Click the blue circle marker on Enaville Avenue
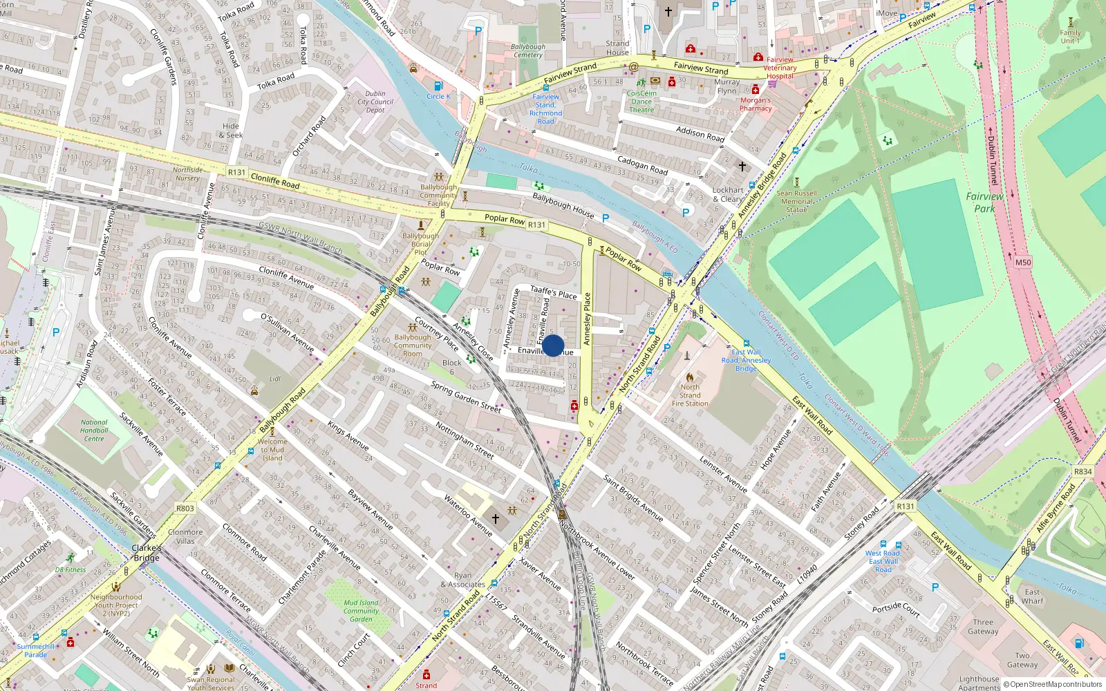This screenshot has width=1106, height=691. point(553,345)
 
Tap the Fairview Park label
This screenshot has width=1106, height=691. point(984,202)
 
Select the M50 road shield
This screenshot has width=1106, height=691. point(1023,263)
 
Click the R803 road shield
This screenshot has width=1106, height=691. point(185,509)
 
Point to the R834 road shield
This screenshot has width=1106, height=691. point(1082,472)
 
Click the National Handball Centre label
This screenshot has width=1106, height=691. point(94,430)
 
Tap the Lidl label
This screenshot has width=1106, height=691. point(275,379)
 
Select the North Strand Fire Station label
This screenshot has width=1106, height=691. point(689,395)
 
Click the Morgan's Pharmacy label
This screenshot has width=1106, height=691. point(756,104)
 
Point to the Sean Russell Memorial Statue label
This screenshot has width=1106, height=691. point(796,202)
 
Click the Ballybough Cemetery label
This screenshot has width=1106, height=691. point(528,51)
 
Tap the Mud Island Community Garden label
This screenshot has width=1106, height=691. point(361,611)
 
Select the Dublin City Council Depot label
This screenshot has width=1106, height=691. point(375,102)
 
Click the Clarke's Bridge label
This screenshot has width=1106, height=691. point(147,553)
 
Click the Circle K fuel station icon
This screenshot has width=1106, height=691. point(438,86)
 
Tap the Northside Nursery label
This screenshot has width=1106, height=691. point(187,173)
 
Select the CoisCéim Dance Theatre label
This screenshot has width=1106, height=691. point(641,102)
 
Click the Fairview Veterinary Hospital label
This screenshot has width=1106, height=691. point(780,68)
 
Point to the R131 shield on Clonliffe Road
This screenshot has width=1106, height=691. point(236,173)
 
